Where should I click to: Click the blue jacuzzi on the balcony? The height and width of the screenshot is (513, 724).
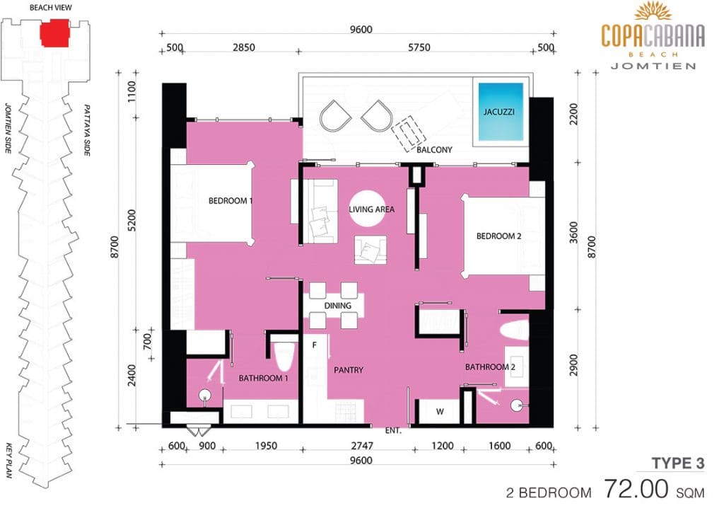[501, 111]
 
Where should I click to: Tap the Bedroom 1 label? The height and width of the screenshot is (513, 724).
[230, 200]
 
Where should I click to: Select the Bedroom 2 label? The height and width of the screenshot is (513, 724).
[498, 236]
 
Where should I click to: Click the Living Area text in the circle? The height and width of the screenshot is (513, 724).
[371, 209]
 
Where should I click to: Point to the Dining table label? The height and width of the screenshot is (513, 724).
[337, 306]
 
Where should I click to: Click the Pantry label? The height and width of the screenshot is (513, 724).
[349, 370]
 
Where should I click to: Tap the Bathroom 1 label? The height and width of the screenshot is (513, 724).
[263, 378]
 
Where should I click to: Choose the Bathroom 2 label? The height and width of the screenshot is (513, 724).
[490, 367]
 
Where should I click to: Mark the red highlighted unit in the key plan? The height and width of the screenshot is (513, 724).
[54, 33]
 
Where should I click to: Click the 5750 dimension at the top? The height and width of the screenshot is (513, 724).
[419, 47]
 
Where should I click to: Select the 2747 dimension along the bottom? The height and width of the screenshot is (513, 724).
[362, 446]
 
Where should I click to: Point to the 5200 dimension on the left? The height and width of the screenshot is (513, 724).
[132, 221]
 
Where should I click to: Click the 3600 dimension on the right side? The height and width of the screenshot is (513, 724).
[573, 233]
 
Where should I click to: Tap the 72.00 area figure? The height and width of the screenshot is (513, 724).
[636, 489]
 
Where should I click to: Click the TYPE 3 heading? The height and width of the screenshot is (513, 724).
[678, 463]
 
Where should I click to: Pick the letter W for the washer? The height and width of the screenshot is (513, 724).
[440, 411]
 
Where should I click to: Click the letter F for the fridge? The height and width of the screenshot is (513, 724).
[315, 345]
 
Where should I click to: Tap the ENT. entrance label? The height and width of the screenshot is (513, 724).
[393, 430]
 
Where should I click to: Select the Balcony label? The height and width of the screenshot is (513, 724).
[434, 150]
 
